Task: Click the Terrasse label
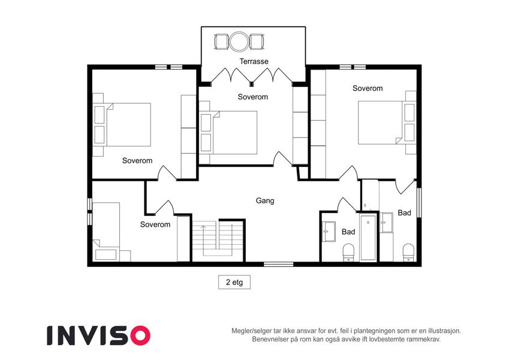click(254, 61)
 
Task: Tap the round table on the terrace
click(239, 41)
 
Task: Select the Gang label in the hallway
click(265, 201)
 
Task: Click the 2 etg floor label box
click(234, 282)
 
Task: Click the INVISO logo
click(99, 335)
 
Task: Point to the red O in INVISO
click(140, 335)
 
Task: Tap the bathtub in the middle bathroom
click(369, 237)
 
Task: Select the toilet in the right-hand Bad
click(408, 253)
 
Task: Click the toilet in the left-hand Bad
click(349, 253)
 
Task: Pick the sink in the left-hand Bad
click(329, 232)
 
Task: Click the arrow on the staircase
click(203, 236)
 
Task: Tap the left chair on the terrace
click(222, 42)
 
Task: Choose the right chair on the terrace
click(257, 42)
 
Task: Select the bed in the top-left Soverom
click(122, 125)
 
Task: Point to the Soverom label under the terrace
click(253, 97)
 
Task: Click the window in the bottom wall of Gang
click(279, 265)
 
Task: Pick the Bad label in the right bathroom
click(405, 213)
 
